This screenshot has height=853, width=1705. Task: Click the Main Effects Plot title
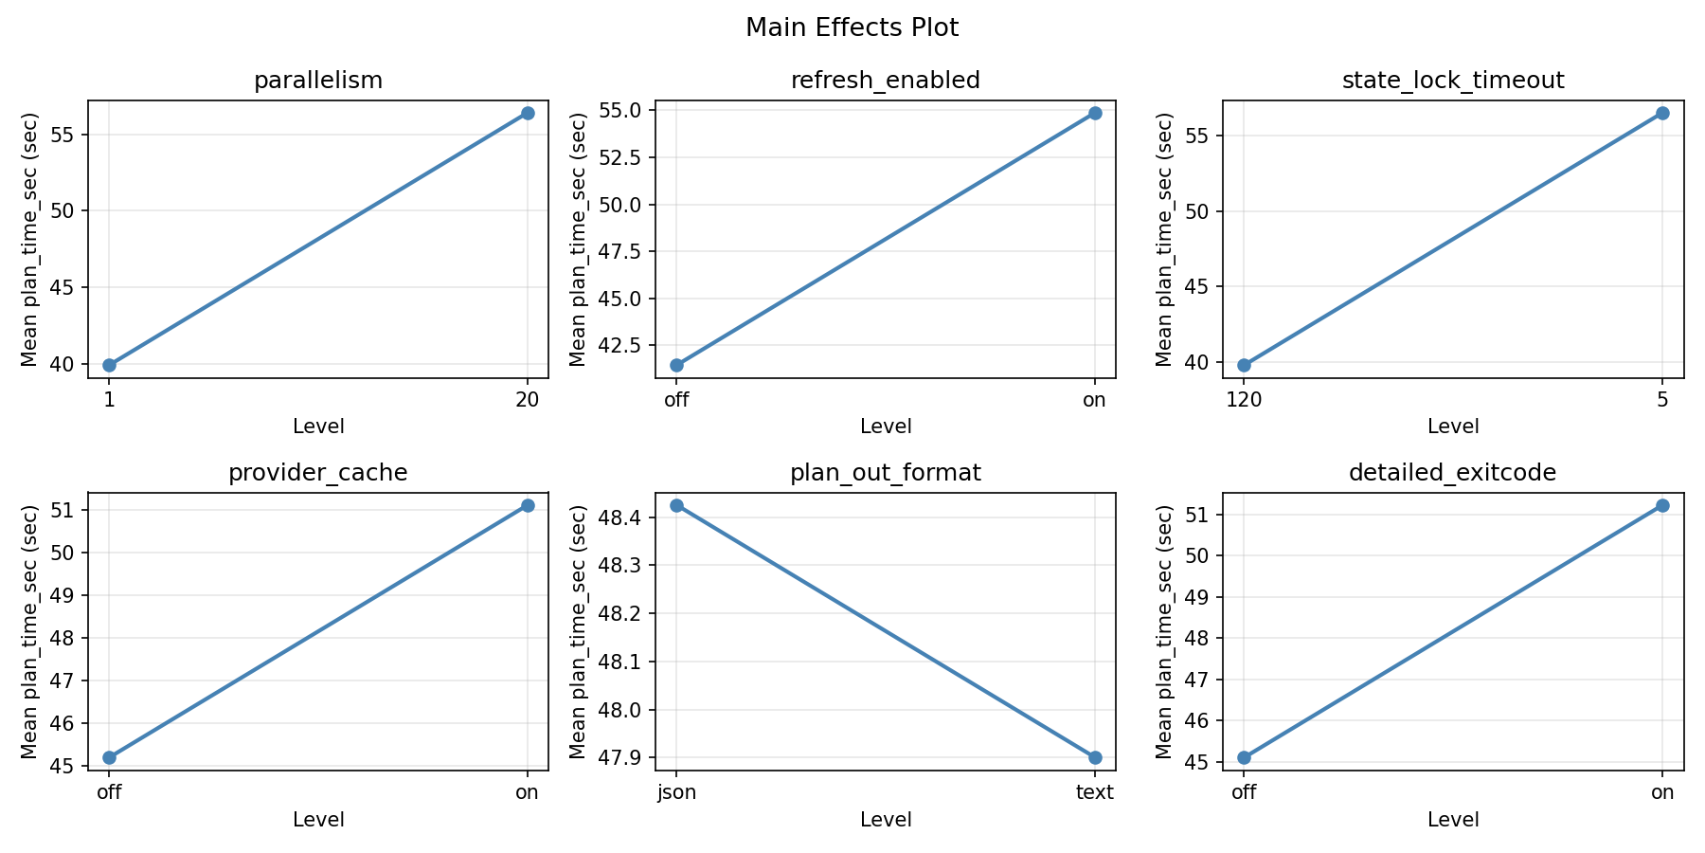tap(852, 27)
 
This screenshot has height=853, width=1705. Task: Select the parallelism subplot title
tap(318, 81)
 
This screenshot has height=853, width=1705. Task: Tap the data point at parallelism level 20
tap(528, 113)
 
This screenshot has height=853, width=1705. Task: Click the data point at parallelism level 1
tap(109, 365)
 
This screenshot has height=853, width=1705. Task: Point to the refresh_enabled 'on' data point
tap(1095, 113)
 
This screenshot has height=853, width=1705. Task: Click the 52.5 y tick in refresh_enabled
tap(618, 157)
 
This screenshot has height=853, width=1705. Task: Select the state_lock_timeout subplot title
tap(1453, 81)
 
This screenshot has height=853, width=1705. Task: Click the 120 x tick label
tap(1244, 400)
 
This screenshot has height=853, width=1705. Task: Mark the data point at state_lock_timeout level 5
tap(1662, 113)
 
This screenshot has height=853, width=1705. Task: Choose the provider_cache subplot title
tap(318, 473)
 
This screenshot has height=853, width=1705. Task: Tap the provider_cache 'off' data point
tap(109, 757)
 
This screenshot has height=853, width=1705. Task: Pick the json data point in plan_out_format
tap(676, 505)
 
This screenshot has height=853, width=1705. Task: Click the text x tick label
tap(1095, 792)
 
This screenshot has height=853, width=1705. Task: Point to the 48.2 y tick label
tap(620, 614)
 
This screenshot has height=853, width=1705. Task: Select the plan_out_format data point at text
tap(1095, 757)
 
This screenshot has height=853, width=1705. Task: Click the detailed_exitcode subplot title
tap(1453, 473)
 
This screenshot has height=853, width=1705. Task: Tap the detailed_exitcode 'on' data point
tap(1662, 505)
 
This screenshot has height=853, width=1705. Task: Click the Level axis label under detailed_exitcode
tap(1453, 820)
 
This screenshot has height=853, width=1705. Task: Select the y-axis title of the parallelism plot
tap(29, 239)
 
